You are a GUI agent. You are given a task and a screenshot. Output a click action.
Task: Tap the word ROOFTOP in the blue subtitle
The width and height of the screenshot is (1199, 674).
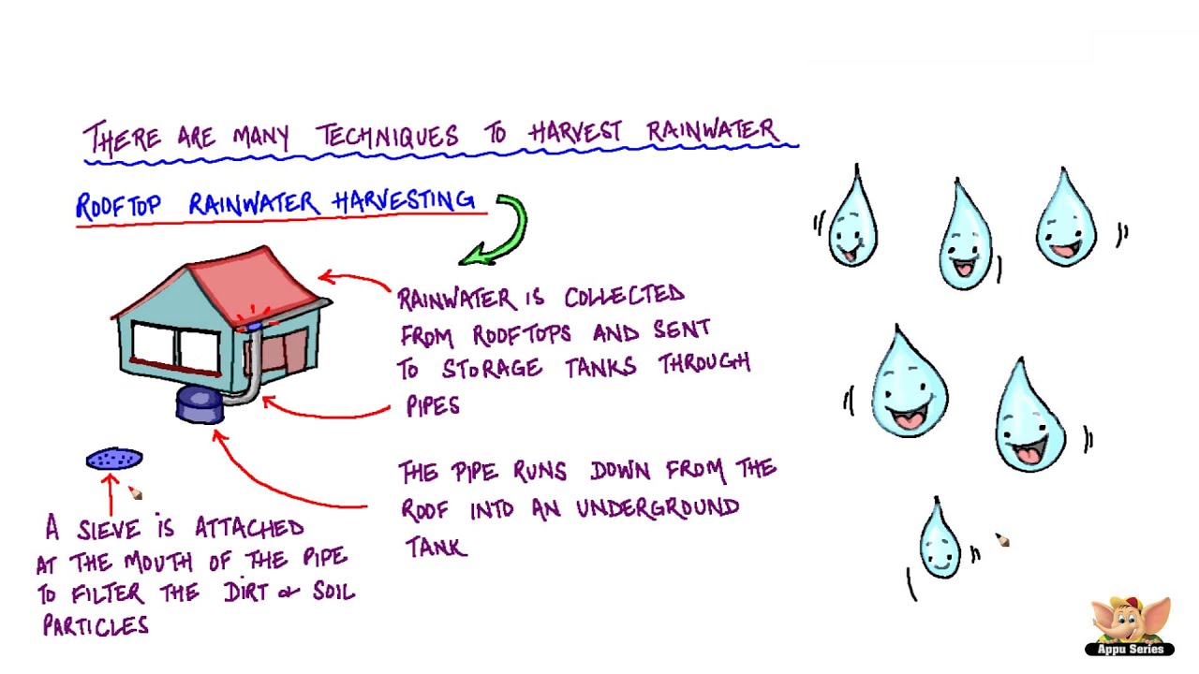tap(118, 206)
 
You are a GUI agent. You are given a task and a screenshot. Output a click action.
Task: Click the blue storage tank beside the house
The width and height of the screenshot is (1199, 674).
tap(199, 405)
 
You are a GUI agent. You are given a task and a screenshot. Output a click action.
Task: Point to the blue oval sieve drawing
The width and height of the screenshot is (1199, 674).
tap(114, 459)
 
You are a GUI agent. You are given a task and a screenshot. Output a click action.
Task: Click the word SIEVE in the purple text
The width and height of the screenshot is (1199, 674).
tap(111, 530)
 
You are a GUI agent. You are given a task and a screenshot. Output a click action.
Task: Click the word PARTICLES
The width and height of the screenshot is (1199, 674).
tap(96, 625)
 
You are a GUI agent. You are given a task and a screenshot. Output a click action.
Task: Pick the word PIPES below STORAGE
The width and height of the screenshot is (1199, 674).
tap(433, 406)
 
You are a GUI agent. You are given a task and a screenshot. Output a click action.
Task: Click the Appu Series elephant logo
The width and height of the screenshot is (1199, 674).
tap(1130, 625)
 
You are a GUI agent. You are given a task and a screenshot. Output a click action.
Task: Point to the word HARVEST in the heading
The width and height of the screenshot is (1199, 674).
tap(575, 133)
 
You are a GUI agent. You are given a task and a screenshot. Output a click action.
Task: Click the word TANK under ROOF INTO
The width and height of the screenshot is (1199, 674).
tap(436, 547)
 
